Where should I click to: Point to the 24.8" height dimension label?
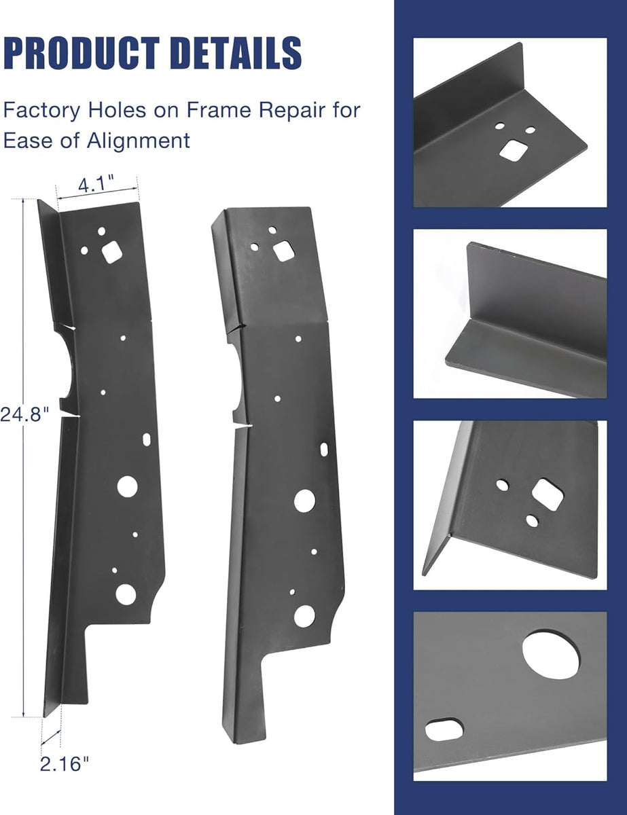24,415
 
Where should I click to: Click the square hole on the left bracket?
111,253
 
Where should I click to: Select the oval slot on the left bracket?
147,439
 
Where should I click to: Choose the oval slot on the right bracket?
324,449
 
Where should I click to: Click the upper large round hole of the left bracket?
127,486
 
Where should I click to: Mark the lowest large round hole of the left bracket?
126,594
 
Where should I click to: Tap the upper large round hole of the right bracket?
304,501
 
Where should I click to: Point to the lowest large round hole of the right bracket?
304,615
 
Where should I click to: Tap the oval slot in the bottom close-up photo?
444,730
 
